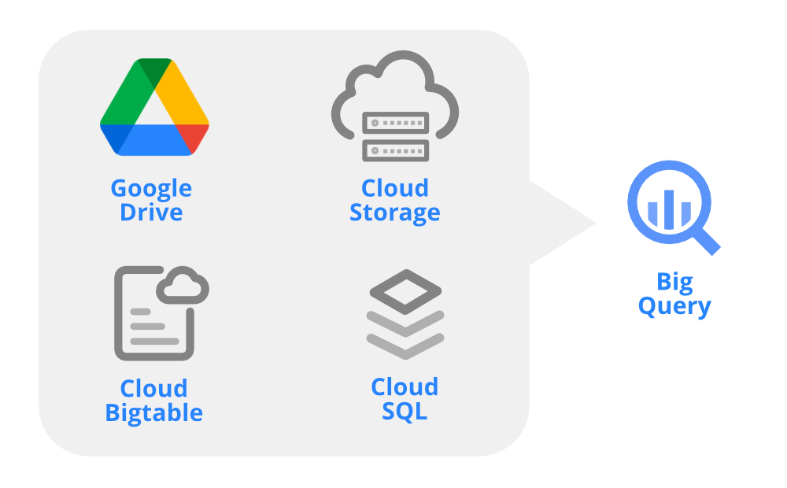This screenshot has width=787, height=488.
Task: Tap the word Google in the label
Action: point(151,189)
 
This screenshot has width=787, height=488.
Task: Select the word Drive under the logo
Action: point(151,213)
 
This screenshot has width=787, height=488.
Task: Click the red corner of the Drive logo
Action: point(197,139)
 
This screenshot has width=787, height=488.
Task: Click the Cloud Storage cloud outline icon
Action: point(393,83)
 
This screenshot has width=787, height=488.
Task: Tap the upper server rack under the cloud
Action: point(394,124)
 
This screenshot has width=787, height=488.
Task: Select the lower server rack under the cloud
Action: point(394,150)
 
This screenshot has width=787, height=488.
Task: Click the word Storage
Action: point(394,213)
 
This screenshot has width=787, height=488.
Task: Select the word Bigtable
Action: point(154,412)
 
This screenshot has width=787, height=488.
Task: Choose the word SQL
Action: point(405,411)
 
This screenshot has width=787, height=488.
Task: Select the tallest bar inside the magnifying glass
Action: point(669,207)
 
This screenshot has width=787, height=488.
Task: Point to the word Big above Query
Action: point(674,281)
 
